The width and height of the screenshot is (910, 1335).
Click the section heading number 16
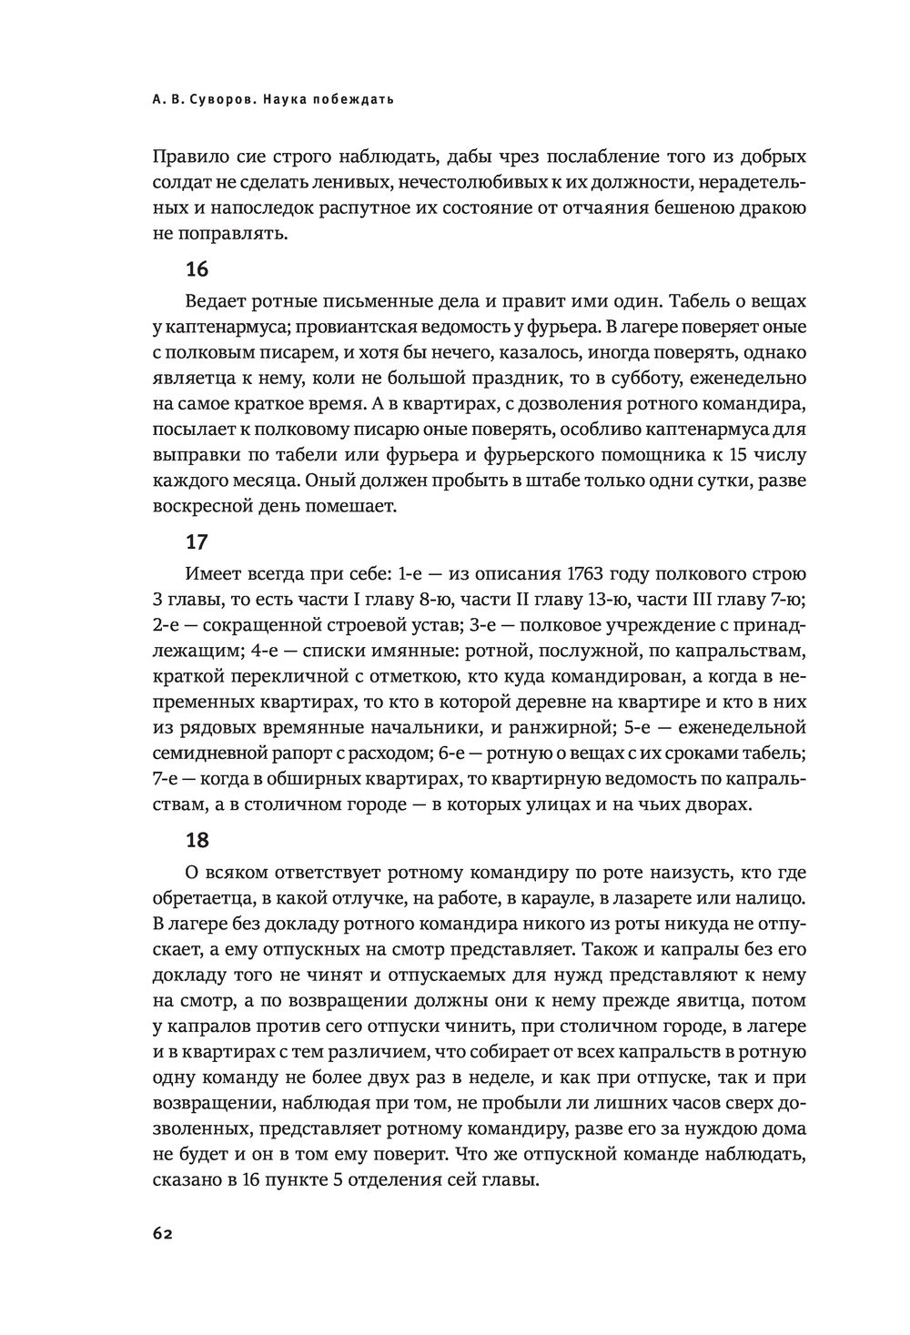click(197, 269)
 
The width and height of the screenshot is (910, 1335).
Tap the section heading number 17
click(197, 541)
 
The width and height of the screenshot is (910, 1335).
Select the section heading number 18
click(197, 840)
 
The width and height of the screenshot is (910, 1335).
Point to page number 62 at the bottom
click(162, 1234)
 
